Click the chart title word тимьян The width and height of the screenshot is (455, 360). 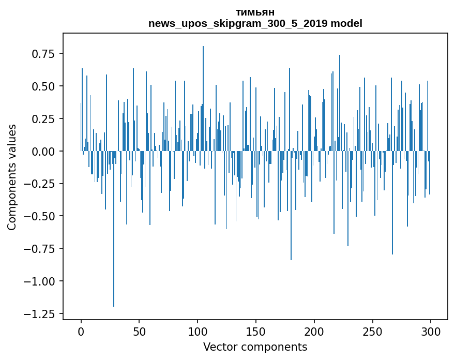pyautogui.click(x=255, y=12)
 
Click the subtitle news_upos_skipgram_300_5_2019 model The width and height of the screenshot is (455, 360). pyautogui.click(x=255, y=23)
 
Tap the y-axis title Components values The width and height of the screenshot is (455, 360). pyautogui.click(x=11, y=177)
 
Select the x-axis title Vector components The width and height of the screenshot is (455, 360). pyautogui.click(x=255, y=347)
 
